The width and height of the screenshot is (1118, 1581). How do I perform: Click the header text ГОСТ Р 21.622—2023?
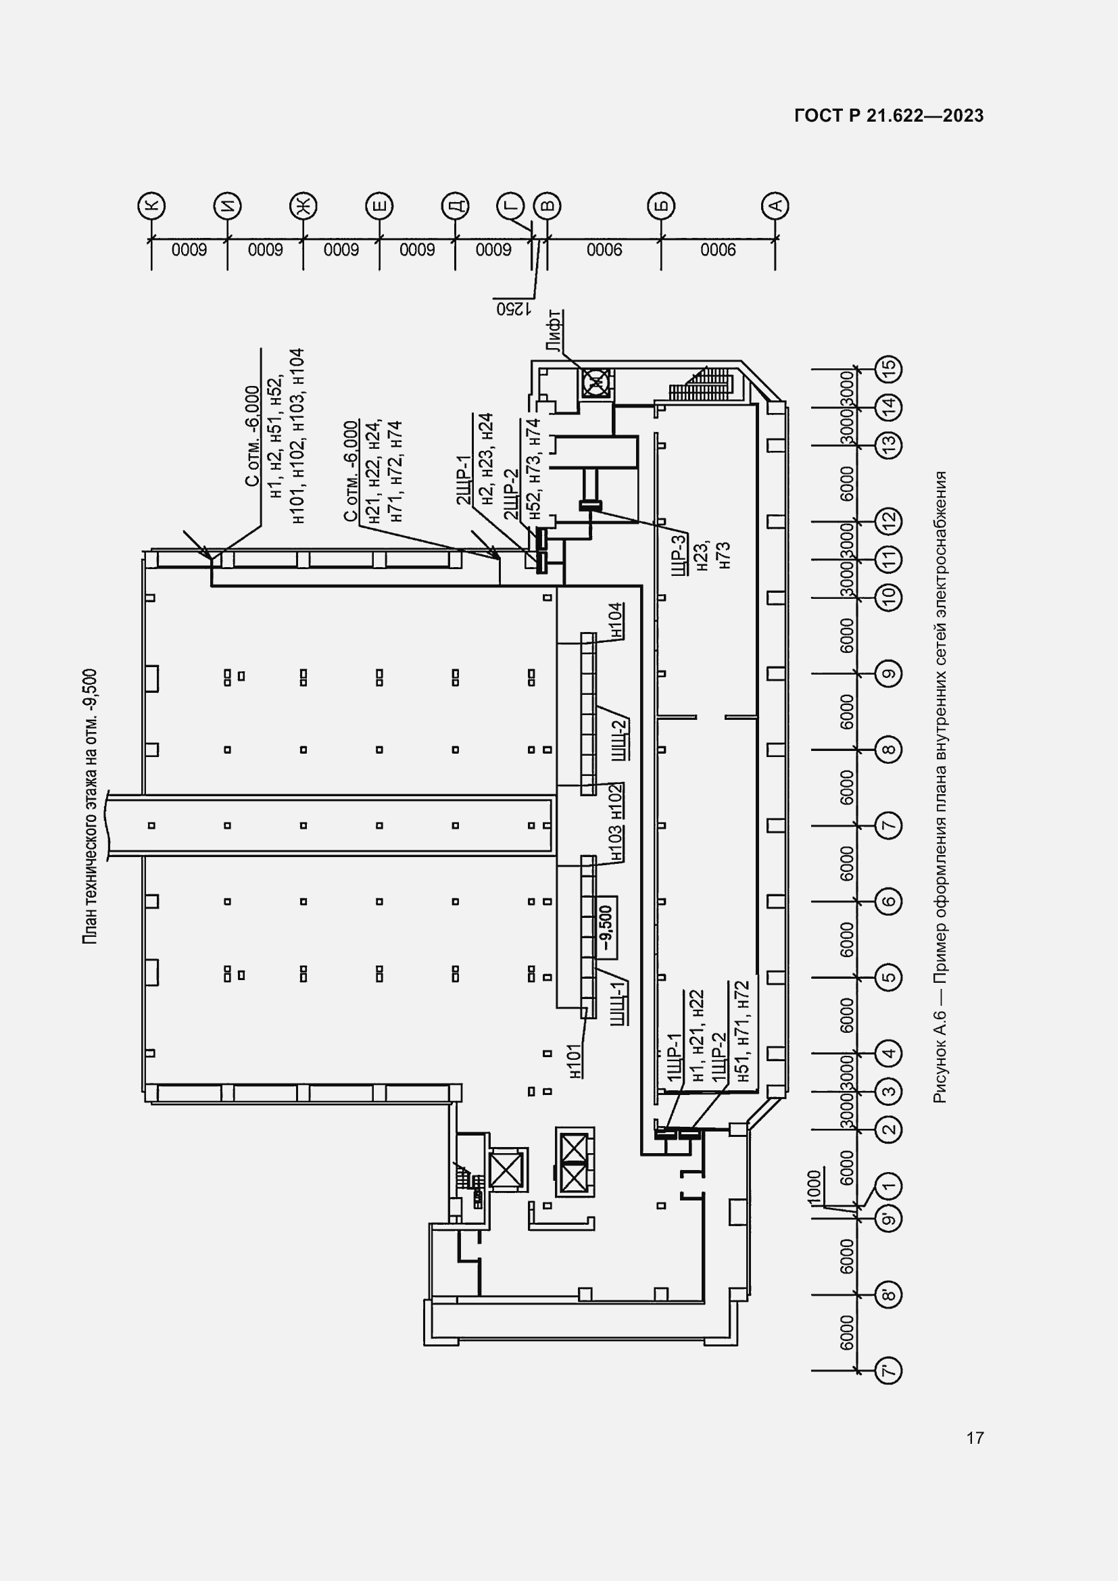889,116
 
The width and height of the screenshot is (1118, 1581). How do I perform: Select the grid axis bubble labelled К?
151,205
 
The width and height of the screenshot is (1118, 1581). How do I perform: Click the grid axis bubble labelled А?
775,205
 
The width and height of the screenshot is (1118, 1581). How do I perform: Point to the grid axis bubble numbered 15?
888,369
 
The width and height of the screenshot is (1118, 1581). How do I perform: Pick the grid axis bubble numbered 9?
888,673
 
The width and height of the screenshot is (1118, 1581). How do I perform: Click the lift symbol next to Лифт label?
597,382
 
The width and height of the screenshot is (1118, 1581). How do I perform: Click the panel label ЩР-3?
677,556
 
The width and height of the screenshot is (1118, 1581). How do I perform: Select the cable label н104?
616,620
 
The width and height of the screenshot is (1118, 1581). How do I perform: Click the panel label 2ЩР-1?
463,479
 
